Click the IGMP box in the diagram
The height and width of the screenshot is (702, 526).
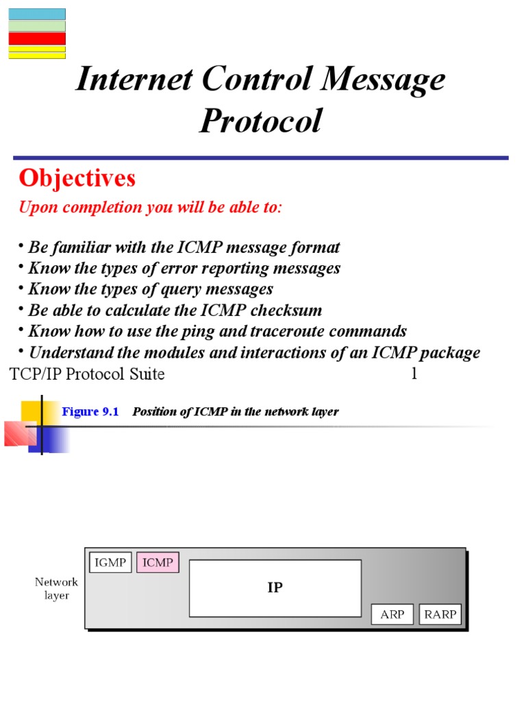tap(110, 563)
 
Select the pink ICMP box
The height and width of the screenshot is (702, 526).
tap(158, 563)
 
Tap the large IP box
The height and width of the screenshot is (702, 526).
tap(275, 588)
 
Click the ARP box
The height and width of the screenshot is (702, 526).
tap(392, 614)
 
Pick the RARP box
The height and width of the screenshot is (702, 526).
tap(440, 614)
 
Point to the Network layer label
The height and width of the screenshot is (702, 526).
tap(57, 589)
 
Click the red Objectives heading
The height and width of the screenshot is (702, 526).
tap(77, 178)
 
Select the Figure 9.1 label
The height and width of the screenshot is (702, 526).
tap(90, 411)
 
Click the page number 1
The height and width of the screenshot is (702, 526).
tap(414, 374)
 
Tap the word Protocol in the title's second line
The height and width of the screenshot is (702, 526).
tap(260, 121)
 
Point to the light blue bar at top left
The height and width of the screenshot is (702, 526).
tap(37, 14)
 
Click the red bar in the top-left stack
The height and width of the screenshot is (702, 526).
tap(37, 38)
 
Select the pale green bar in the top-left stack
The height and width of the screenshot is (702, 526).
tap(37, 26)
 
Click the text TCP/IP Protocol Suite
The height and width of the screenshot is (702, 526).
tap(87, 374)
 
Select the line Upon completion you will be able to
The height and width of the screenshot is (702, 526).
tap(150, 208)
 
